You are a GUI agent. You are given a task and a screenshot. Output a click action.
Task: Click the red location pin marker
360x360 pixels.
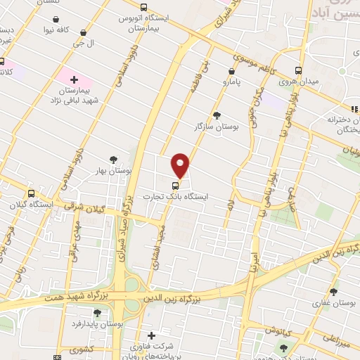(x=181, y=165)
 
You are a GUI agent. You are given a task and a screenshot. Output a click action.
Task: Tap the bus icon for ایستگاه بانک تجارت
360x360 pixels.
(x=175, y=186)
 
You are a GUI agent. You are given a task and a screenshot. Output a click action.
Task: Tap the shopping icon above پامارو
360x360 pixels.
(x=231, y=71)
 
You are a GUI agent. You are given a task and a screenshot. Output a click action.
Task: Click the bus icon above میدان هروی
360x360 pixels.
(x=299, y=71)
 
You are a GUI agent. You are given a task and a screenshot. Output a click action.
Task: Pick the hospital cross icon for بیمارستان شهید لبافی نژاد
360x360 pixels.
(x=74, y=79)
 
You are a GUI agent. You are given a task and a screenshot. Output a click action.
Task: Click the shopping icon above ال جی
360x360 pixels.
(x=84, y=32)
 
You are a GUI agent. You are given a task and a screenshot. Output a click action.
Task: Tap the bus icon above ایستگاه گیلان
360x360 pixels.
(x=31, y=193)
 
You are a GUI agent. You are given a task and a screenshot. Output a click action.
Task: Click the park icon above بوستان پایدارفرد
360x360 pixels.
(x=98, y=313)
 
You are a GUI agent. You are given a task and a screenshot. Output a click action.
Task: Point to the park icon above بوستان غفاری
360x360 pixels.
(x=333, y=291)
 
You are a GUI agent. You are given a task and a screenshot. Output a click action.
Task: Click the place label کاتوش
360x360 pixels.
(x=259, y=330)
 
